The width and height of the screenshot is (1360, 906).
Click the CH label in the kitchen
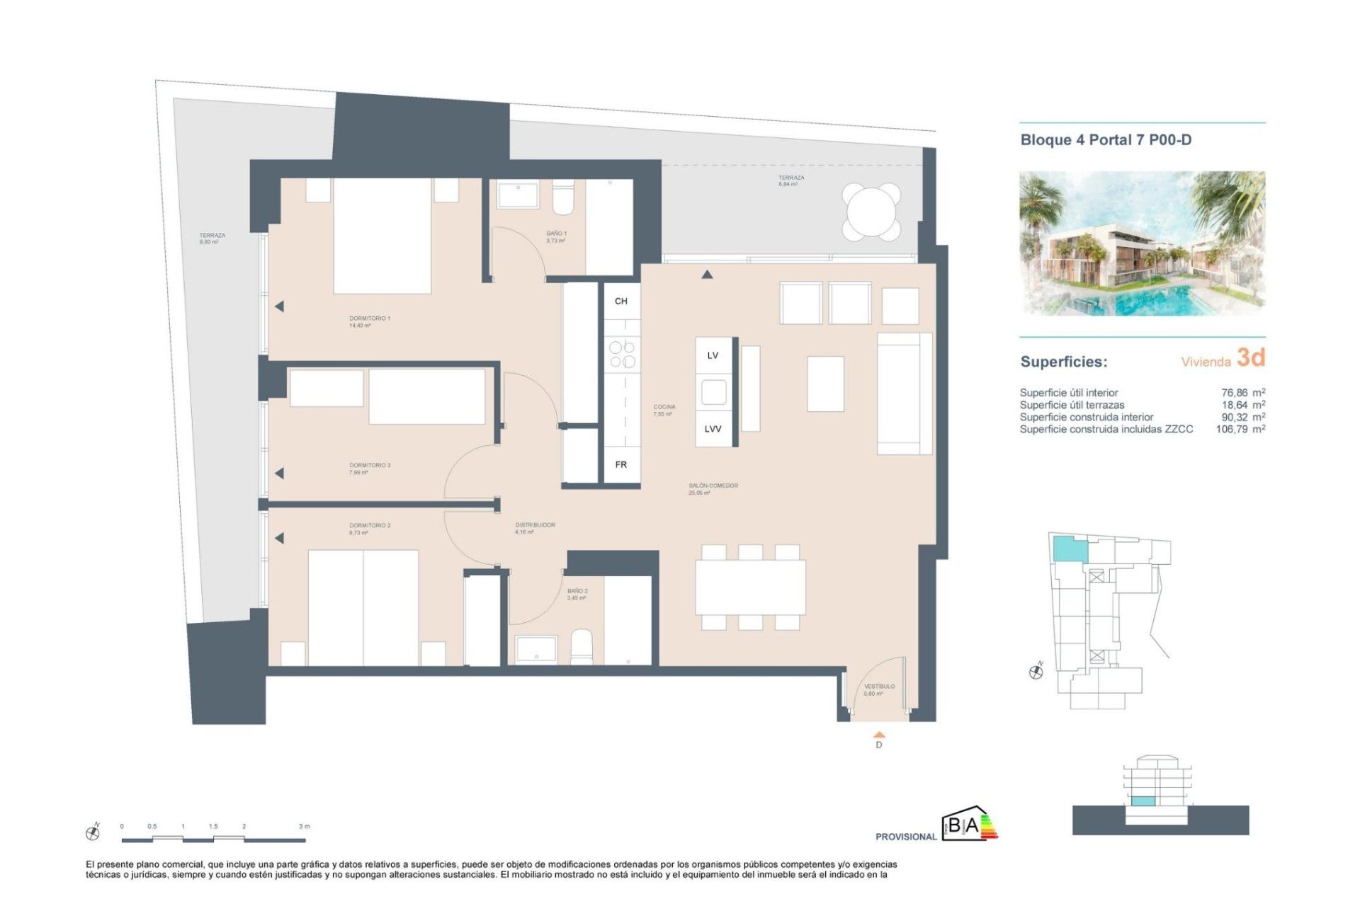(620, 302)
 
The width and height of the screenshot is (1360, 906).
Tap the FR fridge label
(620, 465)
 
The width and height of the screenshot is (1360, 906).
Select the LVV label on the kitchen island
(713, 430)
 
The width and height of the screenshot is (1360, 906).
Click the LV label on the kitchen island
(713, 356)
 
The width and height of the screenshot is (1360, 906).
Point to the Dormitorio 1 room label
(369, 319)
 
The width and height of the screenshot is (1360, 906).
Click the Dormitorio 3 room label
(369, 466)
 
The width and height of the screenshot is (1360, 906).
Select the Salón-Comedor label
(713, 486)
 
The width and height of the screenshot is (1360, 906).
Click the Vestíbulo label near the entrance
(879, 687)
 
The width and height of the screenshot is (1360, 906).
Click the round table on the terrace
(871, 211)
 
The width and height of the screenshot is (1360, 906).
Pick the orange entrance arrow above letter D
(879, 735)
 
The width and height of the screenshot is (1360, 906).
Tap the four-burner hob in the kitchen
(622, 355)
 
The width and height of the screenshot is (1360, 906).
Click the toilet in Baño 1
(563, 198)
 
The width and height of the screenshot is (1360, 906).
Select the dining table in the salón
(750, 587)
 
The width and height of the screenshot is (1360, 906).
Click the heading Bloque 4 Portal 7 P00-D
(1105, 140)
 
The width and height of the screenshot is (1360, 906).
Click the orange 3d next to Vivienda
(1250, 358)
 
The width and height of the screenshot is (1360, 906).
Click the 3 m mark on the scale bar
(304, 827)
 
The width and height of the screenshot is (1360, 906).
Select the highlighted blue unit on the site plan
(1069, 549)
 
